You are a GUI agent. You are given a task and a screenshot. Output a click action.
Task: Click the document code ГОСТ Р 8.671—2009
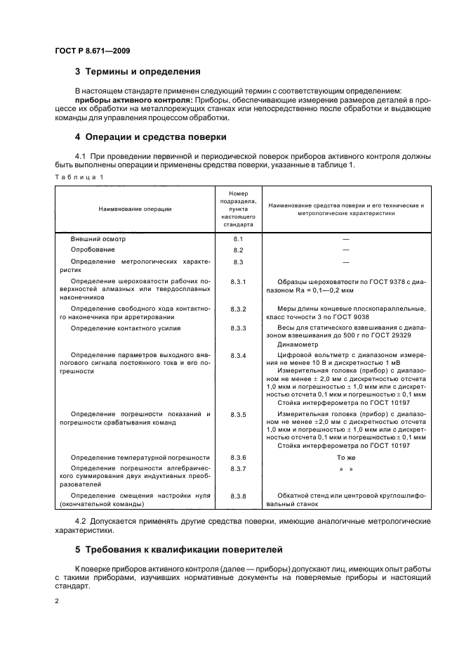click(x=92, y=51)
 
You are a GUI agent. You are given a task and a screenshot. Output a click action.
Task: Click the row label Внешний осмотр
click(x=98, y=239)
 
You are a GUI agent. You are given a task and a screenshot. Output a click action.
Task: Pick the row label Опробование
click(x=93, y=250)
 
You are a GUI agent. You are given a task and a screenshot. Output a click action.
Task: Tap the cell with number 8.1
click(x=237, y=239)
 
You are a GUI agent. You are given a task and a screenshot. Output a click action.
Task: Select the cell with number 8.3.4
click(x=237, y=356)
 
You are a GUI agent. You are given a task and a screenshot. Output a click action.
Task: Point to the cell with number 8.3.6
click(x=237, y=457)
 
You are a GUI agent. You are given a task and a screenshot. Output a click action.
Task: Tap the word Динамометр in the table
click(x=298, y=344)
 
